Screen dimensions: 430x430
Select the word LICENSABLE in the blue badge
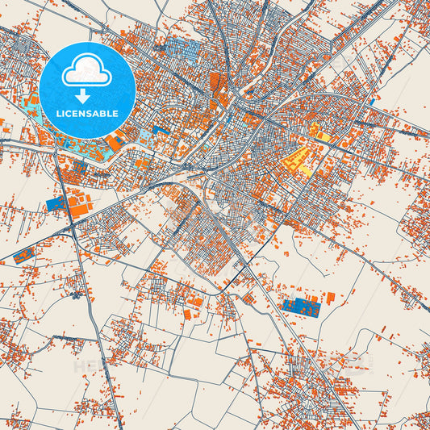point(86,113)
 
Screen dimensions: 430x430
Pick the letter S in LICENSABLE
point(88,113)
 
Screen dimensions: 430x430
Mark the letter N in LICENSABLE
point(81,113)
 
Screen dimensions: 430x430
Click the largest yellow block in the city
point(297,159)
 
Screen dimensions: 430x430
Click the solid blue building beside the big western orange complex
point(57,204)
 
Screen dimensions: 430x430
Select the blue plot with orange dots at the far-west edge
point(24,257)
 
